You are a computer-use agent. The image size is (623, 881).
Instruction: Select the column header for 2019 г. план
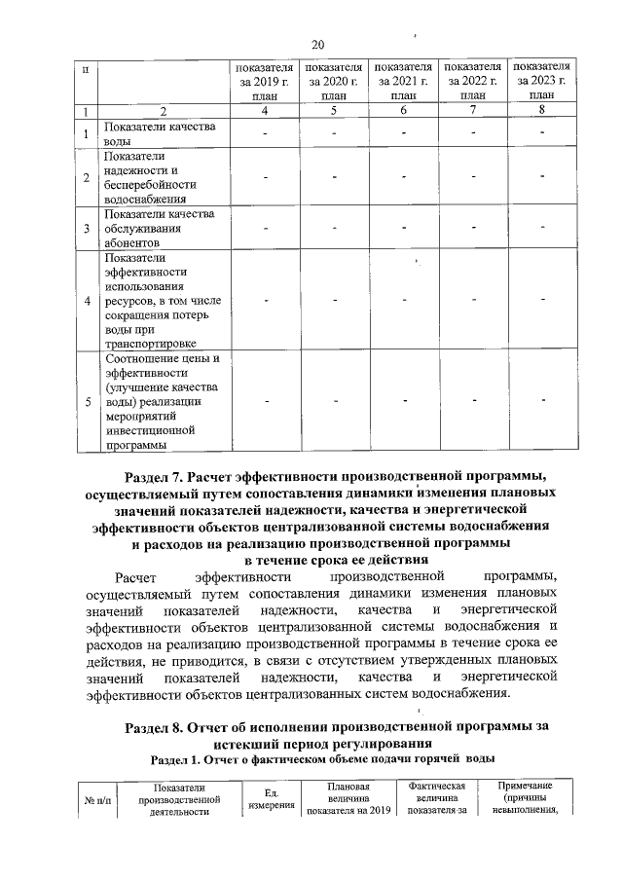265,82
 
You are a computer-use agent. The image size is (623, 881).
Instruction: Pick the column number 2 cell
163,111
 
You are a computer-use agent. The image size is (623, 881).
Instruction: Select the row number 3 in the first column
88,230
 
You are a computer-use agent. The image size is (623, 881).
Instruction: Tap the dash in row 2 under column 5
334,178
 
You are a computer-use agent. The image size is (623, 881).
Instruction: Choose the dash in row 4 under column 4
265,300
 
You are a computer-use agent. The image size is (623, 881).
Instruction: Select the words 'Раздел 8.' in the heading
157,727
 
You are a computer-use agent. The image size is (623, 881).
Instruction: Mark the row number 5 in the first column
88,400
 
